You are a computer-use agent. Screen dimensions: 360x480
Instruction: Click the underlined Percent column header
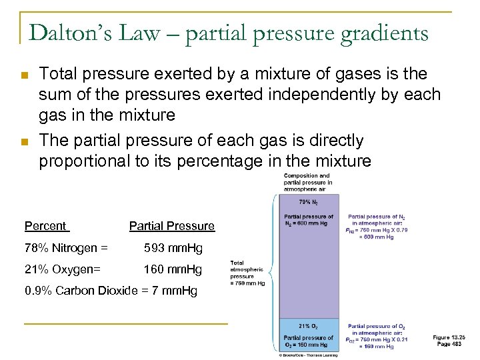[45, 226]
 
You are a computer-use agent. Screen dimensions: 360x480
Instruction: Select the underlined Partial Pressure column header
[171, 226]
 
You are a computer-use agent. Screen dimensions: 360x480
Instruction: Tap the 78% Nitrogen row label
[65, 249]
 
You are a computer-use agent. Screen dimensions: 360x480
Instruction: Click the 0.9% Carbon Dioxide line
[110, 291]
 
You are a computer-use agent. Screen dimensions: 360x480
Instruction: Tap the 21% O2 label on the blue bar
[308, 326]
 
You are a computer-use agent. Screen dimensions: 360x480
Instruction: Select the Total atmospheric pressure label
[247, 273]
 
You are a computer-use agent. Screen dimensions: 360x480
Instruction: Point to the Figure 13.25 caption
[449, 340]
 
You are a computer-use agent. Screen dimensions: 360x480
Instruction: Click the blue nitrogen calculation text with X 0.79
[377, 226]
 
